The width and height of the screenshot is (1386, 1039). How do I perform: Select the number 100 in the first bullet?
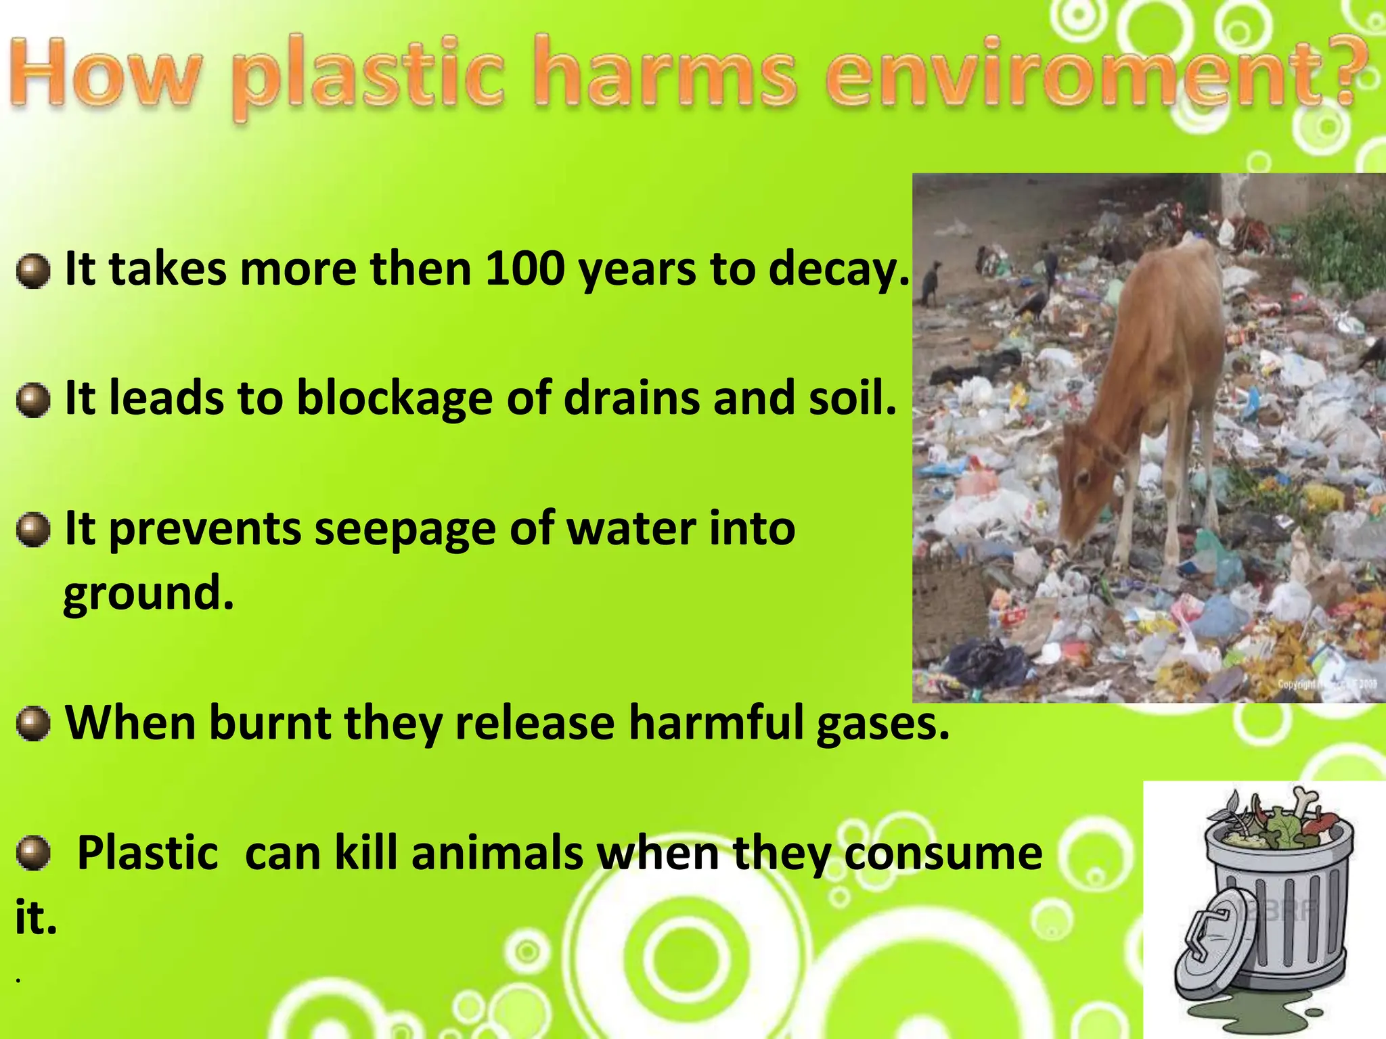coord(524,269)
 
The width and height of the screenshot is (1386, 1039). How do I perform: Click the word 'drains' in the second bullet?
coord(631,398)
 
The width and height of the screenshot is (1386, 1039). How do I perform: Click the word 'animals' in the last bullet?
coord(497,854)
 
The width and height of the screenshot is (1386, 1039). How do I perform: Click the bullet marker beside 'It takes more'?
coord(33,271)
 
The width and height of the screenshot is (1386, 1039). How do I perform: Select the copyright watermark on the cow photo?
coord(1326,684)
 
